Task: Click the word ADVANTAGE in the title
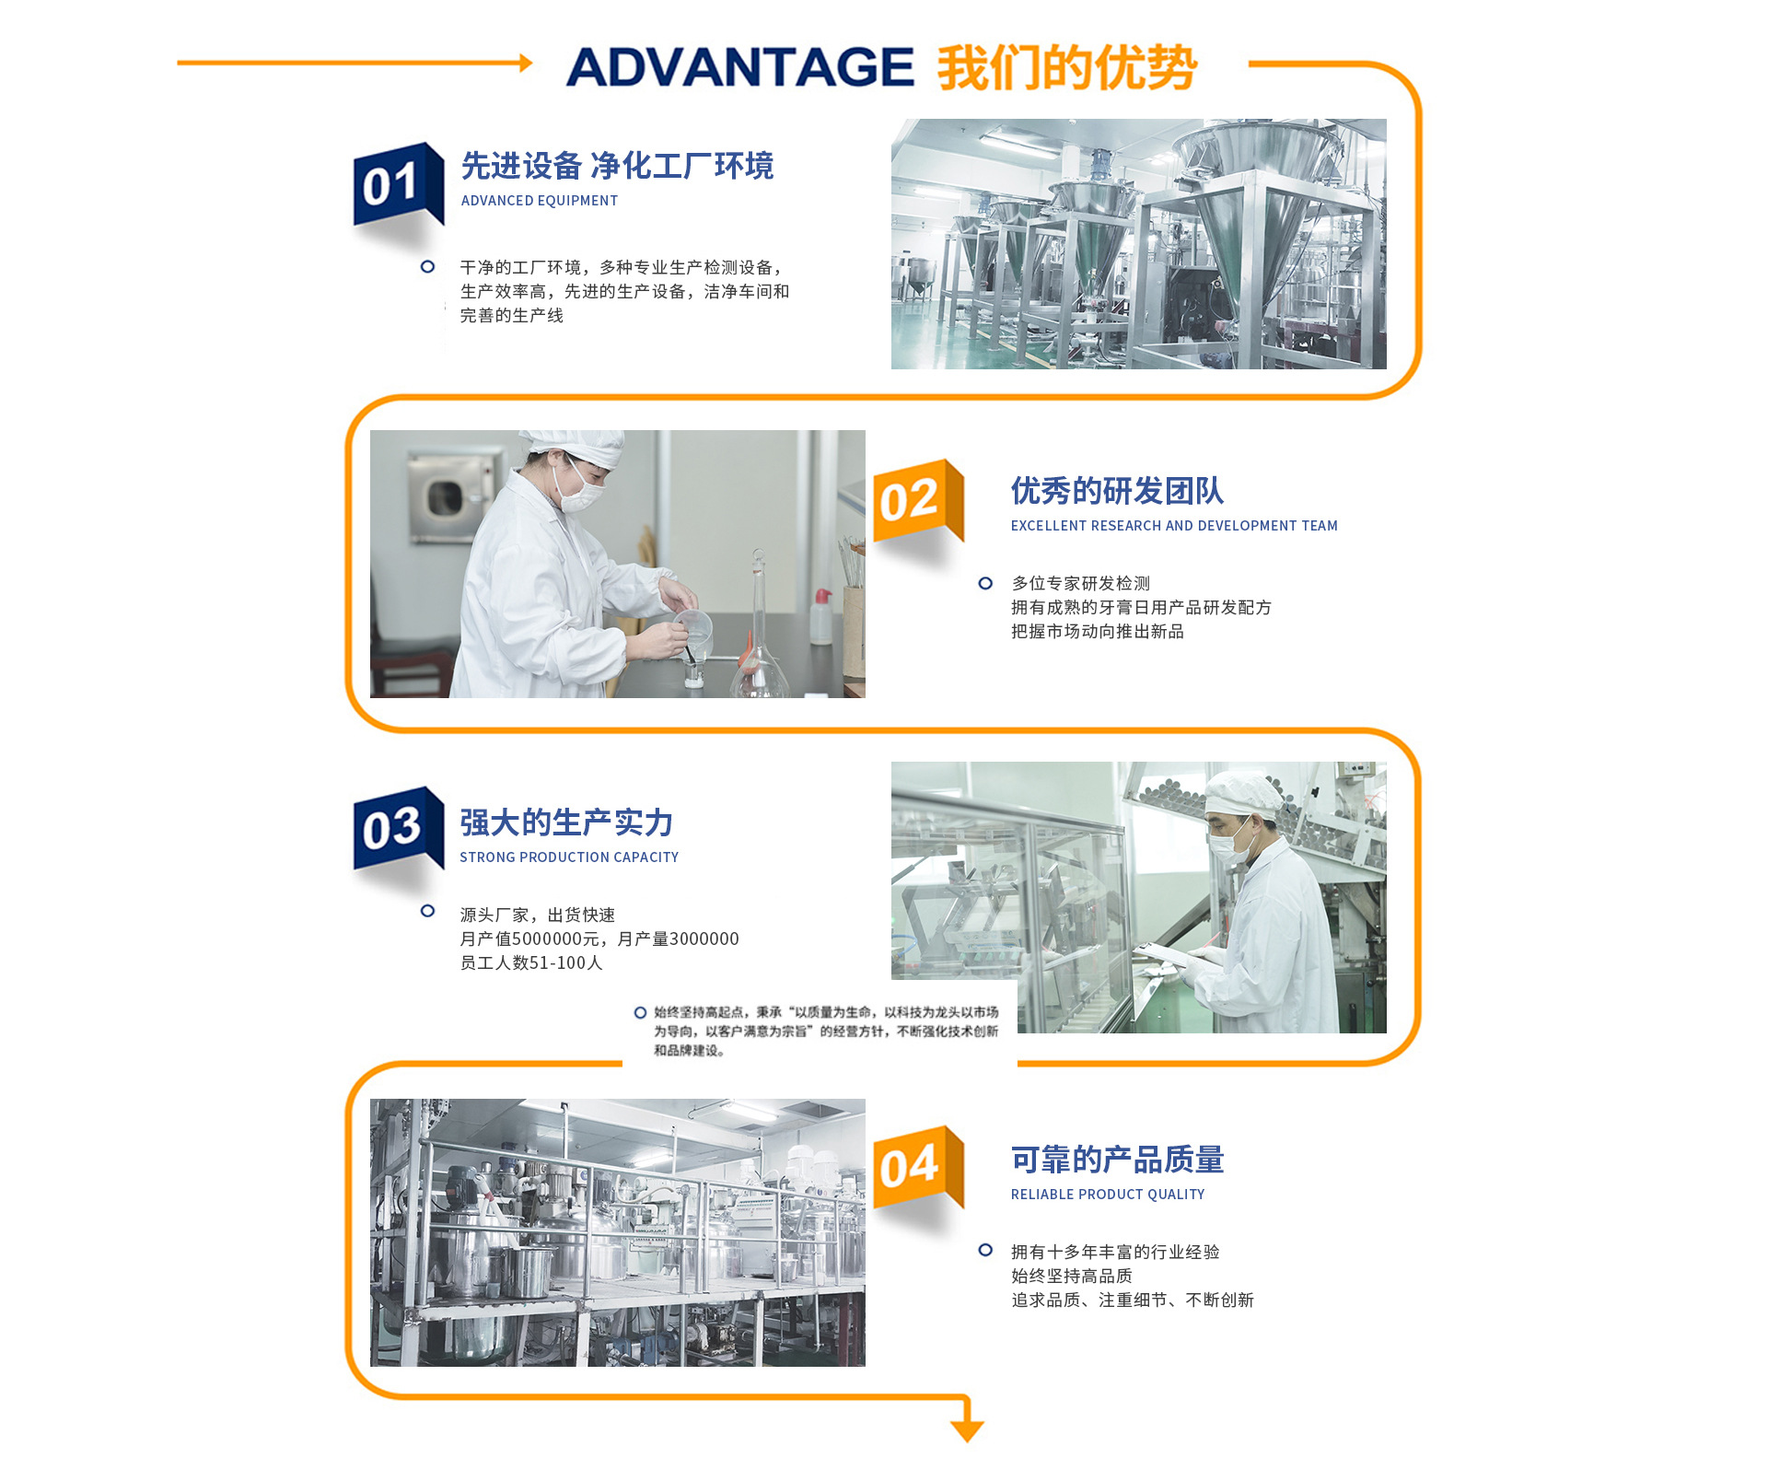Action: point(739,67)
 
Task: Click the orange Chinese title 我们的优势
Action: point(1067,67)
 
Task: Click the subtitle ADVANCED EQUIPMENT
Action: point(540,201)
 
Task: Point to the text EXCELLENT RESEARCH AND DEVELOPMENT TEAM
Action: point(1174,526)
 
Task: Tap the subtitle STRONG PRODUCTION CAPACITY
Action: point(569,857)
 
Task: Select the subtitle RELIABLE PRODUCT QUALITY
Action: point(1108,1195)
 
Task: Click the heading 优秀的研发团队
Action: point(1117,491)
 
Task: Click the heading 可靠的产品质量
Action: point(1117,1160)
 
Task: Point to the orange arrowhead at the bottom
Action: point(967,1430)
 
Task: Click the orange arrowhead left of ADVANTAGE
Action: point(526,63)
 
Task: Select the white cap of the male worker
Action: point(1243,793)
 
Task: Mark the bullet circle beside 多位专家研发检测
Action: point(985,583)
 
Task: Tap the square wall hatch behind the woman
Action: point(444,497)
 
